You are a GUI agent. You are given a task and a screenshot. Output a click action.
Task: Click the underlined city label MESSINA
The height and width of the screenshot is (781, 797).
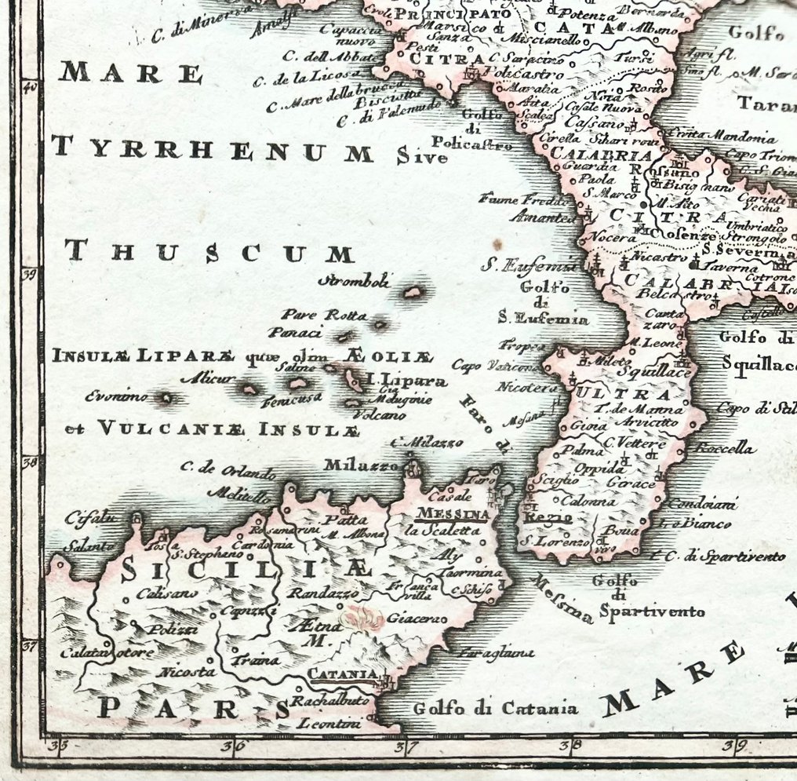[454, 514]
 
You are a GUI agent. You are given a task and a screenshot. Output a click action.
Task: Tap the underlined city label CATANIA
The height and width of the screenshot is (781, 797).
[341, 673]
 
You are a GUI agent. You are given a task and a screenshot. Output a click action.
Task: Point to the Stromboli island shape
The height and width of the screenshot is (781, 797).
[413, 293]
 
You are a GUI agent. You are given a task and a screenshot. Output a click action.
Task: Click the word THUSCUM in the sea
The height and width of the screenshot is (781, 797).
[210, 253]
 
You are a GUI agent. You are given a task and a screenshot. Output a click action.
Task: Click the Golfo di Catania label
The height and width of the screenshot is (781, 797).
[496, 709]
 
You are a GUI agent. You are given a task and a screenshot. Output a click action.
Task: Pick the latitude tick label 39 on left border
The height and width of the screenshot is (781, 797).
[29, 274]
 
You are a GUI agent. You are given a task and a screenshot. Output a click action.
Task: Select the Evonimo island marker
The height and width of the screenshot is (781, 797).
[166, 398]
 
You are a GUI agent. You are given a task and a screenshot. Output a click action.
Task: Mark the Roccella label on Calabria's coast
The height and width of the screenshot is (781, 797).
[723, 449]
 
